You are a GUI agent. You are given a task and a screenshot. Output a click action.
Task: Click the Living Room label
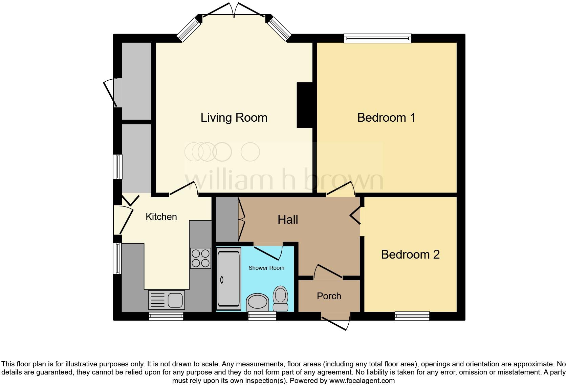[x=234, y=118]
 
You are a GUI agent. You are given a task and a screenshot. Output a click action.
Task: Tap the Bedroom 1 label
[x=386, y=118]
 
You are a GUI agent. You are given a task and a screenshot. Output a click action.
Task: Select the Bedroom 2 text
[x=410, y=255]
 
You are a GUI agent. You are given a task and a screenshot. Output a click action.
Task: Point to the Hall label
[x=288, y=220]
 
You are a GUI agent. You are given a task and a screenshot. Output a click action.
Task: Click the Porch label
[x=329, y=296]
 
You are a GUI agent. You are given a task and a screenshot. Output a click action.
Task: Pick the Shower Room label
[x=266, y=268]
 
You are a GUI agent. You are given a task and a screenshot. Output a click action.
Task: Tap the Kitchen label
[x=161, y=217]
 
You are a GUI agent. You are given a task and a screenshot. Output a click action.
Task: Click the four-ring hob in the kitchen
[x=200, y=259]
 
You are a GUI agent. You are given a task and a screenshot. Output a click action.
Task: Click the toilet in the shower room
[x=280, y=298]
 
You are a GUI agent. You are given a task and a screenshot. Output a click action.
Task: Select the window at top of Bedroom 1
[x=377, y=38]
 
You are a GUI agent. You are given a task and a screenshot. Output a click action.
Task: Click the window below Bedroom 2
[x=412, y=316]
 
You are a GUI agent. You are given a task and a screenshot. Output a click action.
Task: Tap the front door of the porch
[x=335, y=323]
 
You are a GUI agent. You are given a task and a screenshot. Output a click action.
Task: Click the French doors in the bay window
[x=234, y=9]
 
